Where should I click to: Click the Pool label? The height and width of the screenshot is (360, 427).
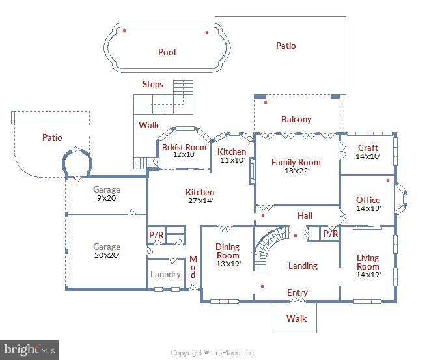pyautogui.click(x=167, y=52)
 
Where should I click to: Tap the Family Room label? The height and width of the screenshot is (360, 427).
pyautogui.click(x=296, y=162)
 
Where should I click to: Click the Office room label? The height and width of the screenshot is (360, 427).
pyautogui.click(x=368, y=200)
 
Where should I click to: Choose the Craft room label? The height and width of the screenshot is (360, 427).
pyautogui.click(x=368, y=148)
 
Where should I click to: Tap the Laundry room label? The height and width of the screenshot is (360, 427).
pyautogui.click(x=166, y=274)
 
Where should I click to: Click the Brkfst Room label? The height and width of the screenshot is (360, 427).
pyautogui.click(x=184, y=147)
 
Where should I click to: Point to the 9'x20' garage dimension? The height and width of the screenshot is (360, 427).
pyautogui.click(x=107, y=199)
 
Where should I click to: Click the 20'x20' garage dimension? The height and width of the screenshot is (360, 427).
pyautogui.click(x=107, y=255)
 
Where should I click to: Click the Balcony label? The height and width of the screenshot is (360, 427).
pyautogui.click(x=296, y=119)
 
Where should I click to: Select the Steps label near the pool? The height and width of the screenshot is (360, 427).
pyautogui.click(x=153, y=85)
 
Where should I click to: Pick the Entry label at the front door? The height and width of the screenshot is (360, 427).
pyautogui.click(x=297, y=292)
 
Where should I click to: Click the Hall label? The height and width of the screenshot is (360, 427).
pyautogui.click(x=305, y=215)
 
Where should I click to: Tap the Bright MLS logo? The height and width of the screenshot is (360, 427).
pyautogui.click(x=29, y=350)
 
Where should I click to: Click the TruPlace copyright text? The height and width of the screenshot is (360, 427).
pyautogui.click(x=213, y=353)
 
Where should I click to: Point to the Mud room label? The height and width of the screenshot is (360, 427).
pyautogui.click(x=193, y=267)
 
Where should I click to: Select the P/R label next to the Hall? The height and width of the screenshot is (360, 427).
pyautogui.click(x=331, y=233)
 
